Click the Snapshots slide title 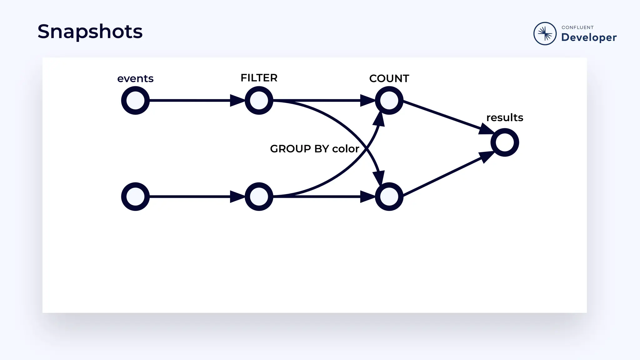(x=90, y=32)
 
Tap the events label (x=135, y=78)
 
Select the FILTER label (x=259, y=78)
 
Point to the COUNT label (x=389, y=78)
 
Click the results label (x=505, y=117)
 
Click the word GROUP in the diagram (x=290, y=149)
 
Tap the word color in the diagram (x=346, y=149)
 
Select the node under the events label (x=135, y=101)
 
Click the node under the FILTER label (x=259, y=101)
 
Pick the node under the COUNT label (x=389, y=101)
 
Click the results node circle (x=505, y=142)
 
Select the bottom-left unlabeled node (x=135, y=197)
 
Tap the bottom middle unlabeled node (x=259, y=197)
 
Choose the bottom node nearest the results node (x=389, y=197)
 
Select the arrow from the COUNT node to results (x=444, y=115)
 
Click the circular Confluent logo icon (x=545, y=33)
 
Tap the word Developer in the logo (x=589, y=37)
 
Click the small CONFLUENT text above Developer (x=577, y=27)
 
